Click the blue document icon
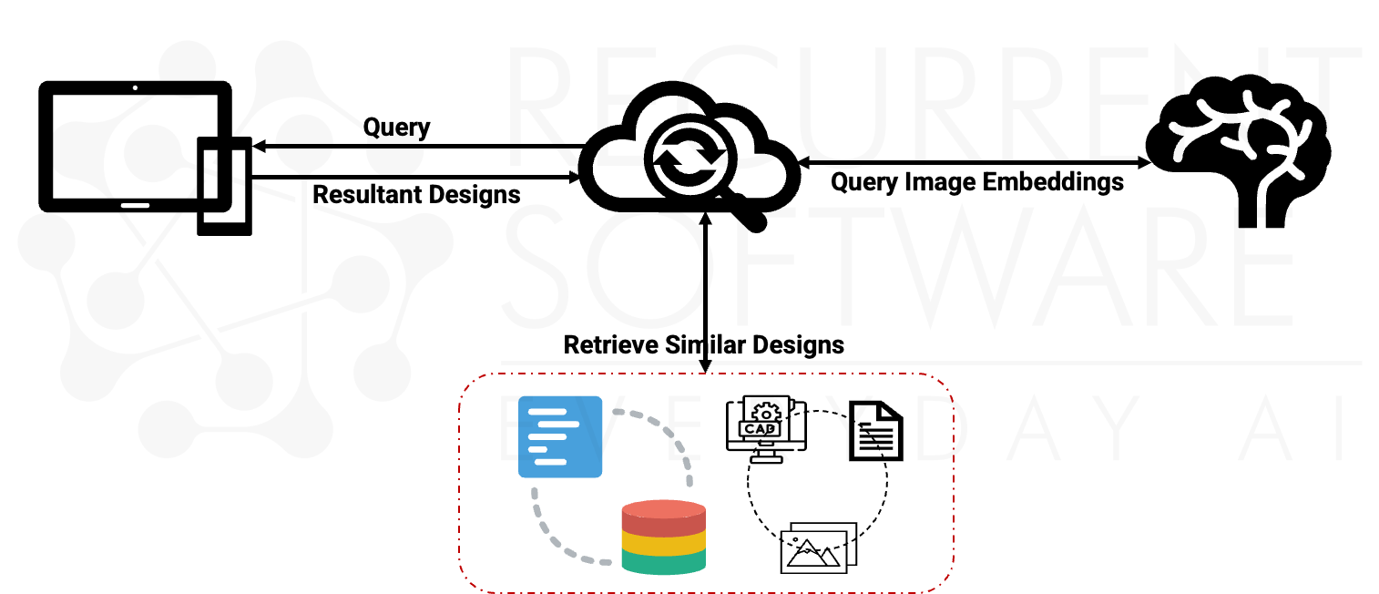[x=560, y=436]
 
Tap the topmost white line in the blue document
[x=546, y=412]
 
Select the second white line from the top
[x=558, y=424]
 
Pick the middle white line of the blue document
[x=546, y=436]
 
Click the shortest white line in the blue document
[x=537, y=449]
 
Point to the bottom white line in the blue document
[x=550, y=462]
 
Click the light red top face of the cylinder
[x=663, y=508]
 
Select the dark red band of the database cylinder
[x=663, y=527]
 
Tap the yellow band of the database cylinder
[x=663, y=544]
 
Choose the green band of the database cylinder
[x=663, y=563]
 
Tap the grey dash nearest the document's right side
[x=618, y=412]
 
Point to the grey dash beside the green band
[x=606, y=562]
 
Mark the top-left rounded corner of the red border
[x=470, y=384]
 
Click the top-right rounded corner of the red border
[x=943, y=384]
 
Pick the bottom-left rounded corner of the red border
[x=469, y=582]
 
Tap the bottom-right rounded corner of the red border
[x=944, y=582]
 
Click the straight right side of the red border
[x=954, y=483]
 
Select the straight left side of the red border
[x=459, y=483]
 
